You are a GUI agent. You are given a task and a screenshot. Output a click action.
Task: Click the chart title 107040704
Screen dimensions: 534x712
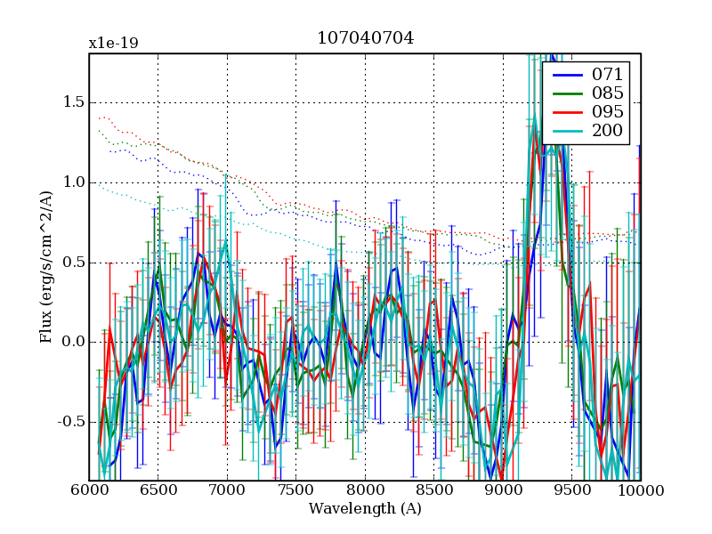tap(365, 38)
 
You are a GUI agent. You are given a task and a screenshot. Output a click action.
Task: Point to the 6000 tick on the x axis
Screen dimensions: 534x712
tap(89, 491)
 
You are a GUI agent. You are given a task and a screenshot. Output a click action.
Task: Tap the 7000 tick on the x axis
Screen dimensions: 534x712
tap(227, 491)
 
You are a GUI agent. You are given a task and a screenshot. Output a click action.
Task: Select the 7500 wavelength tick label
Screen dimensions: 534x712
tap(296, 491)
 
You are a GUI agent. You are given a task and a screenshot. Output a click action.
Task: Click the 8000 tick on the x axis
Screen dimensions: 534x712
tap(365, 491)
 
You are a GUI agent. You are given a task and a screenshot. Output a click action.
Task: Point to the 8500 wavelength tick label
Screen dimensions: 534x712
tap(434, 491)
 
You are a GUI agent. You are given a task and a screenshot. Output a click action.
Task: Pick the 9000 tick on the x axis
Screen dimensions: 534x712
tap(503, 491)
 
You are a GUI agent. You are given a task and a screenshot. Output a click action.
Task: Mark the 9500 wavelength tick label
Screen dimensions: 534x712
tap(572, 491)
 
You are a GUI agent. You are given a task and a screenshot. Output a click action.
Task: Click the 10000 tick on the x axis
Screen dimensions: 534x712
tap(639, 491)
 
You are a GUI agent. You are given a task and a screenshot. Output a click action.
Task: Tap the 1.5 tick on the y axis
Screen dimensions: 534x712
tap(73, 102)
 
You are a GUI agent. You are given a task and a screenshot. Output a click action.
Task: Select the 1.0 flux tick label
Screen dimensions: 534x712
tap(73, 182)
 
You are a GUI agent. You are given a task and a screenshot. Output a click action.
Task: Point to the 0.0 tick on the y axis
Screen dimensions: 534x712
tap(73, 343)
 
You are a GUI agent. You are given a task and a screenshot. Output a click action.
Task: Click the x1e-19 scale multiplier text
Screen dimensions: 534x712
tap(113, 44)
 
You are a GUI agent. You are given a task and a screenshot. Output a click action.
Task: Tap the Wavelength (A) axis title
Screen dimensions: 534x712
tap(365, 509)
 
